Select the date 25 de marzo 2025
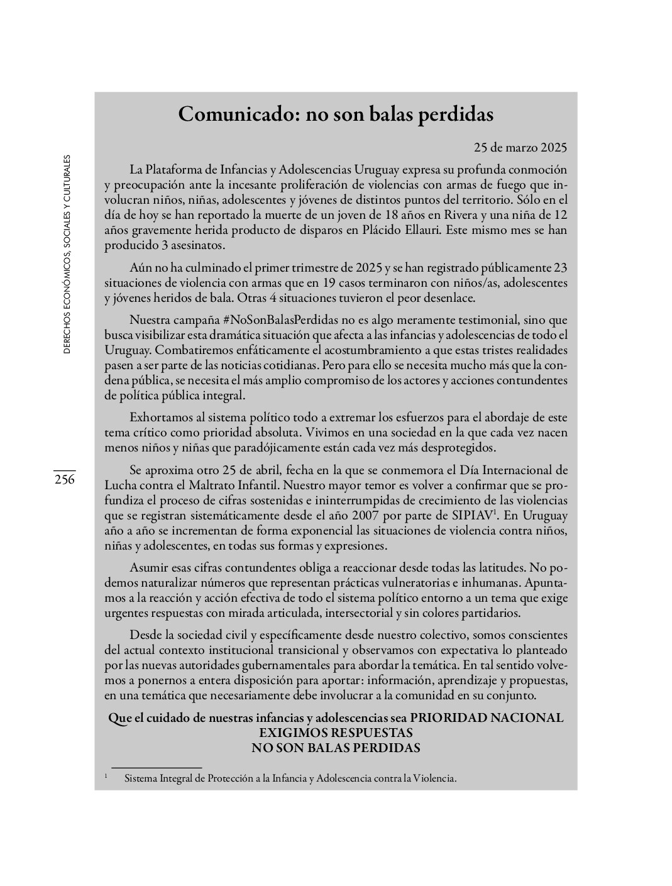(x=521, y=148)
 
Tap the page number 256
(x=64, y=480)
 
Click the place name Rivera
(x=461, y=215)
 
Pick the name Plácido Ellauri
(x=407, y=230)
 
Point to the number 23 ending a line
(x=561, y=267)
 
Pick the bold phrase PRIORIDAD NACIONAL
(x=487, y=718)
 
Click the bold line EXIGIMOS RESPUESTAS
(x=336, y=733)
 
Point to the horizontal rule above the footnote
(x=156, y=768)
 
